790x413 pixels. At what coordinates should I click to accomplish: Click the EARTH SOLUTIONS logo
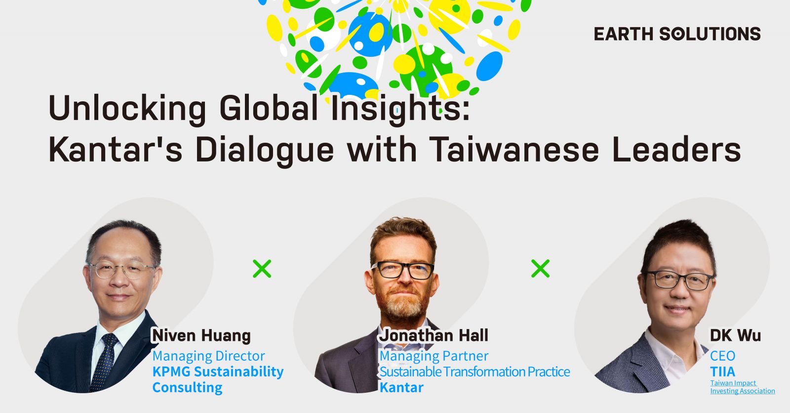(677, 34)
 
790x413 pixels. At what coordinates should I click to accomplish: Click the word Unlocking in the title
(127, 108)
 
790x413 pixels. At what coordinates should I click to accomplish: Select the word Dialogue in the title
(265, 151)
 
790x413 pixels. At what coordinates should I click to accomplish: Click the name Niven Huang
(201, 335)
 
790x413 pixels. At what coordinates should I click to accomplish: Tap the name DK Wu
(735, 335)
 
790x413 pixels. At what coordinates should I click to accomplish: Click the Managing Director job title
(208, 356)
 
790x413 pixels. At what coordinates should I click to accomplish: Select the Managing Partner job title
(434, 356)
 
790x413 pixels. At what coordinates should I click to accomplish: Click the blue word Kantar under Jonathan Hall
(401, 388)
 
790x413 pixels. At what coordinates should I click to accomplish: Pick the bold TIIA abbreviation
(723, 372)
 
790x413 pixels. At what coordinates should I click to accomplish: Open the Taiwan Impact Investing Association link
(743, 387)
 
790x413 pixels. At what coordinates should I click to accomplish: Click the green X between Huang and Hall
(262, 269)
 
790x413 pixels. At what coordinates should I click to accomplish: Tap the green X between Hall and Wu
(540, 269)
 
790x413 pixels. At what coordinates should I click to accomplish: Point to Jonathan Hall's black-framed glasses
(403, 270)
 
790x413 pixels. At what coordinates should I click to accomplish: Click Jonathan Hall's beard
(402, 303)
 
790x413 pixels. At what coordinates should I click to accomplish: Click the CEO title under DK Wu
(723, 356)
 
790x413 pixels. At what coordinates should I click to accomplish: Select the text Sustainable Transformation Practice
(474, 372)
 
